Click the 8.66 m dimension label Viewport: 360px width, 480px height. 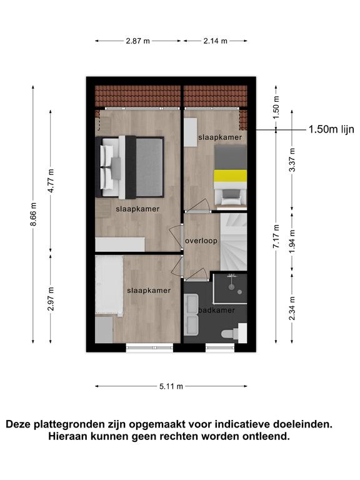click(34, 214)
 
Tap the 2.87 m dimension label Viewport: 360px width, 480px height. click(137, 41)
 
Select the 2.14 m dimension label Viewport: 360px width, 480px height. click(216, 41)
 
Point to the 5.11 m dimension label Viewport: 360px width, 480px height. click(171, 386)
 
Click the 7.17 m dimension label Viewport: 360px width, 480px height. click(276, 236)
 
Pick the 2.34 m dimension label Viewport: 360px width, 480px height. click(292, 308)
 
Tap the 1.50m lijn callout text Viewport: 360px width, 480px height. click(331, 129)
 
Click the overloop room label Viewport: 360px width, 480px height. click(201, 241)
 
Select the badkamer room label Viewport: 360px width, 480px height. click(217, 310)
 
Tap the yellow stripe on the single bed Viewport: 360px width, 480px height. click(230, 176)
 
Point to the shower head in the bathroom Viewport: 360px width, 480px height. click(232, 287)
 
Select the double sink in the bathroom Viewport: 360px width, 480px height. click(192, 314)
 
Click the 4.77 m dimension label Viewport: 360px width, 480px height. click(51, 181)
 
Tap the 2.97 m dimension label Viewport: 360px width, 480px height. click(51, 299)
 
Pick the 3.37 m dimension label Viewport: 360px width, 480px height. click(292, 160)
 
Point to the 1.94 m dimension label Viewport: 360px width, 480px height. click(292, 242)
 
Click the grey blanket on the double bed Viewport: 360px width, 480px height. click(149, 167)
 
